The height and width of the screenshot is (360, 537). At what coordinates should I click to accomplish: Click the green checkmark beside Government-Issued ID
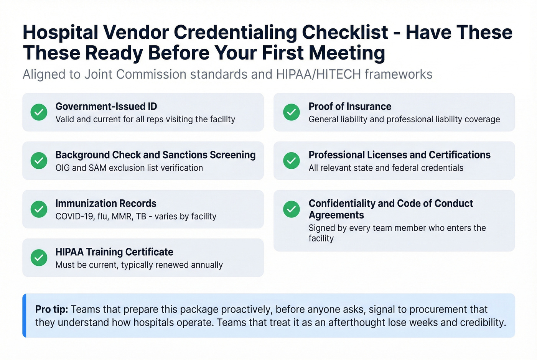[39, 112]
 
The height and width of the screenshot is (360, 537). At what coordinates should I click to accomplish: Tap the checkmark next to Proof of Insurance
[292, 112]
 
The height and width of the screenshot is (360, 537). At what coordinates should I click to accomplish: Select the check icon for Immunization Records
[39, 209]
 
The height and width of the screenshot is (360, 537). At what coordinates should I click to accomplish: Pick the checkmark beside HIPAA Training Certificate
[39, 258]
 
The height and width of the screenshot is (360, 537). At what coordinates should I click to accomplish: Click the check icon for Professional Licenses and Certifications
[292, 161]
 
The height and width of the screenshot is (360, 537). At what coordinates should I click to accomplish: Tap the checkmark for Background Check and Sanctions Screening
[39, 161]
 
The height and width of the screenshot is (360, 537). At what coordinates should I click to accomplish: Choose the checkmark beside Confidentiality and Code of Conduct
[292, 209]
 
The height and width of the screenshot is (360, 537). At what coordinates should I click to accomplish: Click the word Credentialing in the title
[235, 33]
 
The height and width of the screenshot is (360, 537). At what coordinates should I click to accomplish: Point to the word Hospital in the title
[61, 33]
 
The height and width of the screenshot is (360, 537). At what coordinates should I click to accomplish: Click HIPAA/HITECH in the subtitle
[318, 74]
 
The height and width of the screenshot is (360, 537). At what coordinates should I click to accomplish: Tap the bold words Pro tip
[51, 309]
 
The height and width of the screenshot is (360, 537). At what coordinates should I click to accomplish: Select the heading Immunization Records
[106, 204]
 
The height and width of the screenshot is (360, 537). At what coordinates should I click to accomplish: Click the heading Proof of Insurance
[350, 107]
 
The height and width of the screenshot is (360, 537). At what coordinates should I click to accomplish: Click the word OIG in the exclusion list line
[63, 168]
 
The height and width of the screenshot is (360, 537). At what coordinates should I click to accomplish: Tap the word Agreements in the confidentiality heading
[336, 215]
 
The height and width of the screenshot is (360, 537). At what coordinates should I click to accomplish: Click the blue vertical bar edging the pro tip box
[24, 316]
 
